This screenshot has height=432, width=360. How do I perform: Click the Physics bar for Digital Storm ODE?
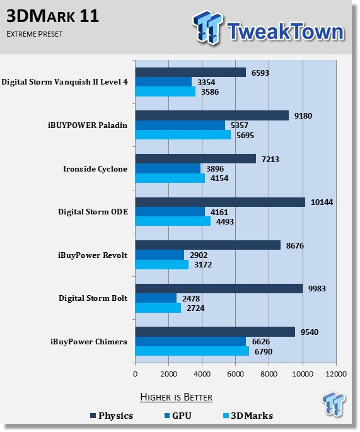coord(220,202)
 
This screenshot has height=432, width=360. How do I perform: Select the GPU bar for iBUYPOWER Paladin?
coord(180,125)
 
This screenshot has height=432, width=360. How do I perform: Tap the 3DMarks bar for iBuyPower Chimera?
coord(192,351)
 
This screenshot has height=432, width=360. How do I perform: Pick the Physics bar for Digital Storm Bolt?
coord(219,288)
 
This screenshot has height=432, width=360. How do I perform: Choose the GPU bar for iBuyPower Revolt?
coord(160,255)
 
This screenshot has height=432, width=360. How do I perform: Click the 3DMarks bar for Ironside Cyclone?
coord(170,178)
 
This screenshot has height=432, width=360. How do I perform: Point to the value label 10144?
coord(322,202)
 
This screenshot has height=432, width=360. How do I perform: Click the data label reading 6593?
coord(260,73)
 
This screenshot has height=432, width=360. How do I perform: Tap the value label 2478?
coord(191,298)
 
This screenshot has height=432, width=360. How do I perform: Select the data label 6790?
coord(264,351)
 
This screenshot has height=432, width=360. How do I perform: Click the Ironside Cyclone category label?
coord(95,169)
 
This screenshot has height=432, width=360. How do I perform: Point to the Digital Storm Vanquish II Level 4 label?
coord(64,82)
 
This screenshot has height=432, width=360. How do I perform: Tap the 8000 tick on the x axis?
coord(269,374)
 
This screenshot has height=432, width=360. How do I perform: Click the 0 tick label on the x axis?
coord(135,374)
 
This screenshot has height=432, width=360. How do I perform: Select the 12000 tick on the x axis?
coord(336,374)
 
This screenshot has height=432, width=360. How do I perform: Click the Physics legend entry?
coord(112,416)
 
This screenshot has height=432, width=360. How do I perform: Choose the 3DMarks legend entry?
coord(248,416)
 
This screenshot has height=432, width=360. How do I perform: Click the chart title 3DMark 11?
coord(52,16)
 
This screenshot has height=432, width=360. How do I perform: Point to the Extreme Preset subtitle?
coord(35,34)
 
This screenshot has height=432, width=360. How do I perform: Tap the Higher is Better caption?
coord(177,397)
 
